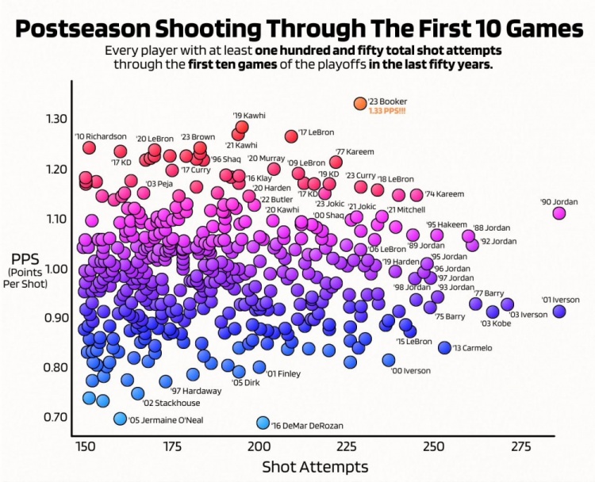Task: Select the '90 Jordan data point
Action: click(559, 212)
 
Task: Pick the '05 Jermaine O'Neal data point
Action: click(120, 419)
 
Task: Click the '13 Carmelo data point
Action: click(444, 348)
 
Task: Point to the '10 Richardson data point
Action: click(89, 147)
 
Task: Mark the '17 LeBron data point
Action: click(291, 136)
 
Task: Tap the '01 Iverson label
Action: click(561, 300)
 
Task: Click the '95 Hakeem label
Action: click(447, 224)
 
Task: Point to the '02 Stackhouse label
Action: click(155, 403)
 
